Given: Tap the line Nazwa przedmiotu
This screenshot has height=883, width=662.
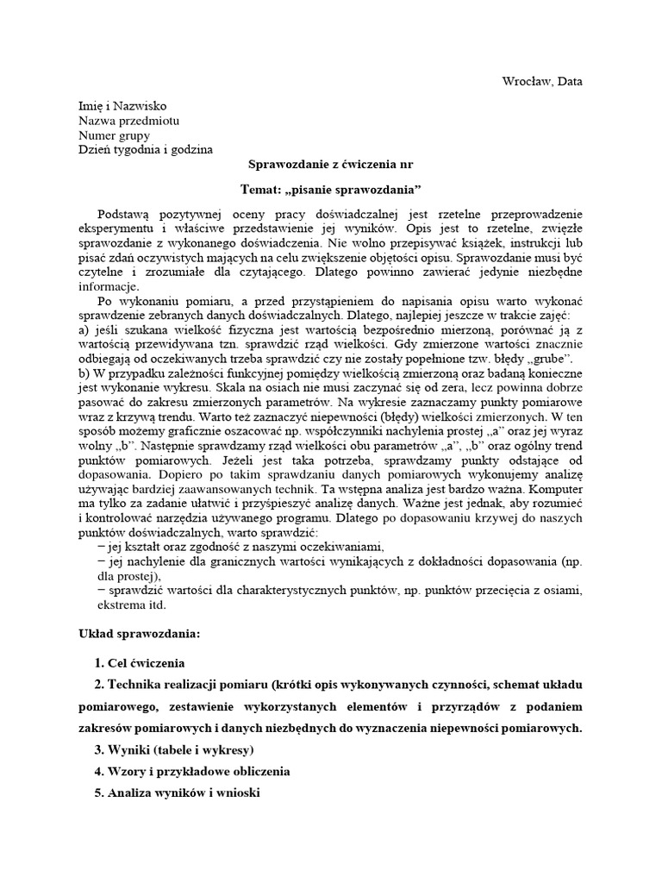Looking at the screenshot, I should pos(128,121).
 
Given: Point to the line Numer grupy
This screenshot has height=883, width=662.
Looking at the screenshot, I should pos(114,135).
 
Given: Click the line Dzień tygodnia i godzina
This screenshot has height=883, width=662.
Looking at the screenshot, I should pos(145,150).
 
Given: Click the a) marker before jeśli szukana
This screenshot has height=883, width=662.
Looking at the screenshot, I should pos(84,331).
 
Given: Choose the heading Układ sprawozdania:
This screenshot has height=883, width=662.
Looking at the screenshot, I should pos(139,634).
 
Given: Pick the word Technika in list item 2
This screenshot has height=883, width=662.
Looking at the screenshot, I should pos(135,685).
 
